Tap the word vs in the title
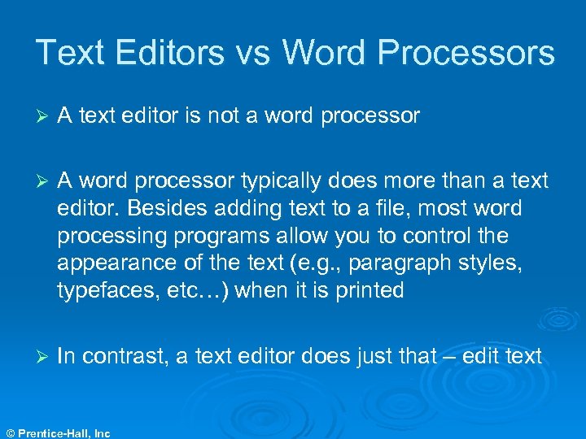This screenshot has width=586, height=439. click(252, 53)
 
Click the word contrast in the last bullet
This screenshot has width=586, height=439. click(125, 355)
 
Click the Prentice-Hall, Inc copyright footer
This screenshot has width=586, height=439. click(57, 433)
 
